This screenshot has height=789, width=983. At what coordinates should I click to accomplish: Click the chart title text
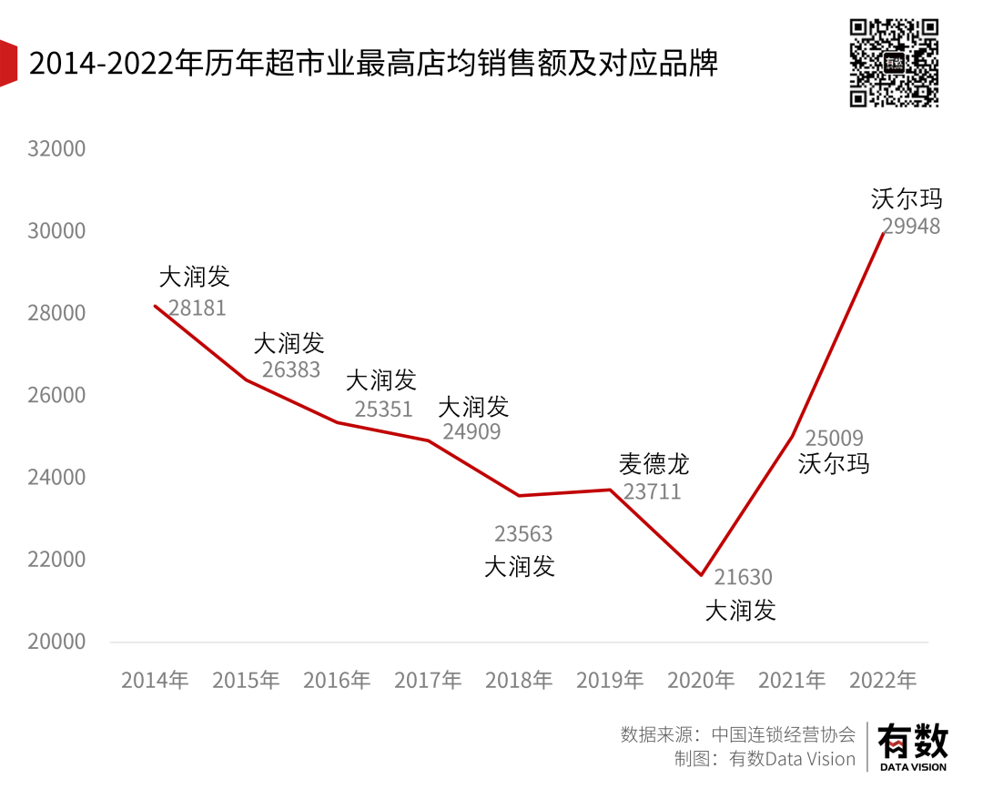point(373,64)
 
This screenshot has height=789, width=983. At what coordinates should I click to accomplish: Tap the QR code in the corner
point(894,62)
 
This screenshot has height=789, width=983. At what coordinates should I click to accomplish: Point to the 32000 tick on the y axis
point(56,148)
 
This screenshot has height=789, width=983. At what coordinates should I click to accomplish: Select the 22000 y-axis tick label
point(56,560)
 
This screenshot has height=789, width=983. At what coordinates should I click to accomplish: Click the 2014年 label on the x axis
point(155,680)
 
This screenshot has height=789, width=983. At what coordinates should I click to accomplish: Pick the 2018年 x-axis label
point(519,680)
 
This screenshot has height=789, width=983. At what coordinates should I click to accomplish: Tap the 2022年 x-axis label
point(883,680)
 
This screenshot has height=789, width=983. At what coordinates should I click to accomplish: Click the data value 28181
point(198,309)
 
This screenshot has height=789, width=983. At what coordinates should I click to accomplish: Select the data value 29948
point(911,227)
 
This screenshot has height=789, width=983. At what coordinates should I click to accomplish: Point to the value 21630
point(743,577)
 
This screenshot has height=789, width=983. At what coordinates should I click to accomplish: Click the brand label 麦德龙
point(654,464)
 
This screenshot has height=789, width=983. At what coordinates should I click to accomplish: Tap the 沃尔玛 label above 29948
point(907,198)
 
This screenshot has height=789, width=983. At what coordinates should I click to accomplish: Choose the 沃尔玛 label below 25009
point(834,463)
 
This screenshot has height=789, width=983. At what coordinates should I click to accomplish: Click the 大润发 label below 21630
point(741,610)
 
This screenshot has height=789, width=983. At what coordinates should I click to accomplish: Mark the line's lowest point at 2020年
point(701,575)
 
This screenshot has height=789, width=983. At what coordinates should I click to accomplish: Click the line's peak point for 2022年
point(883,234)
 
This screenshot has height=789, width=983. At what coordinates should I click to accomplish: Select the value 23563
point(523,534)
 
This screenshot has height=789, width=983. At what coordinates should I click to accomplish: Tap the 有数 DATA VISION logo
point(912,747)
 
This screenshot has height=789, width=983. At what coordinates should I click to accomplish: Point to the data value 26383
point(291,369)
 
